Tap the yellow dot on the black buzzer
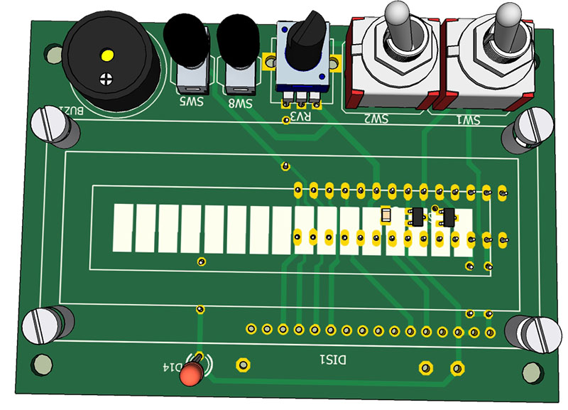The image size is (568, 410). [x=106, y=55]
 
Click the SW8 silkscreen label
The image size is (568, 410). [x=239, y=104]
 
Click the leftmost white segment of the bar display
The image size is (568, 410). [x=123, y=227]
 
